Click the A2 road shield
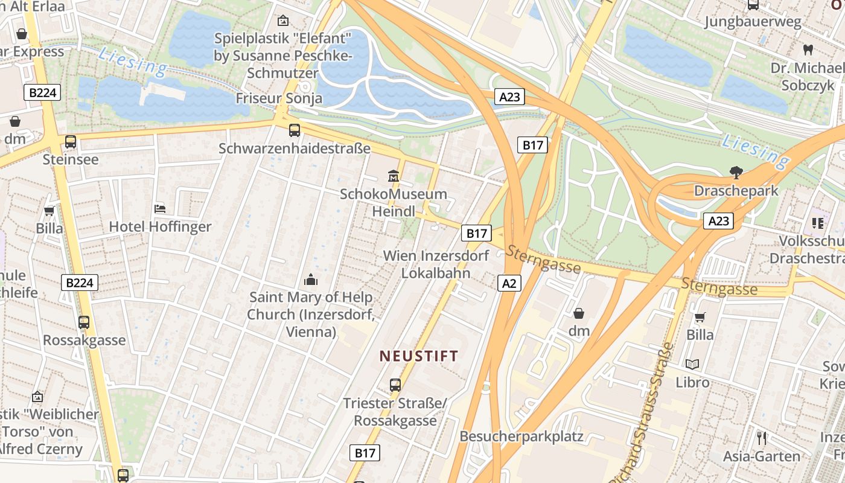coord(509,283)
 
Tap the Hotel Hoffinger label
coord(160,227)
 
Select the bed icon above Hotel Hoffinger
coord(160,209)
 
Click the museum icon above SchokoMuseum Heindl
coord(394,176)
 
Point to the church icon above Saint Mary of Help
coord(311,279)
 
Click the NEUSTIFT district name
coord(419,356)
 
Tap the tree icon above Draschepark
coord(736,173)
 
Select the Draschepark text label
coord(736,191)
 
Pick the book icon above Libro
coord(692,364)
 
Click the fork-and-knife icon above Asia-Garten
coord(762,438)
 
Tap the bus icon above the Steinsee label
coord(71,142)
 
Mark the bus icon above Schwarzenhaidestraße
coord(295,130)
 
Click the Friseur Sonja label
coord(279,98)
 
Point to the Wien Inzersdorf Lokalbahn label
coord(436,264)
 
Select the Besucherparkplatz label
coord(521,436)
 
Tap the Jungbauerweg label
coord(753,22)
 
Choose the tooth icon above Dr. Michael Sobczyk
coord(808,50)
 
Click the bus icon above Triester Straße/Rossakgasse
coord(395,385)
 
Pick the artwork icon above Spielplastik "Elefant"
coord(282,21)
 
